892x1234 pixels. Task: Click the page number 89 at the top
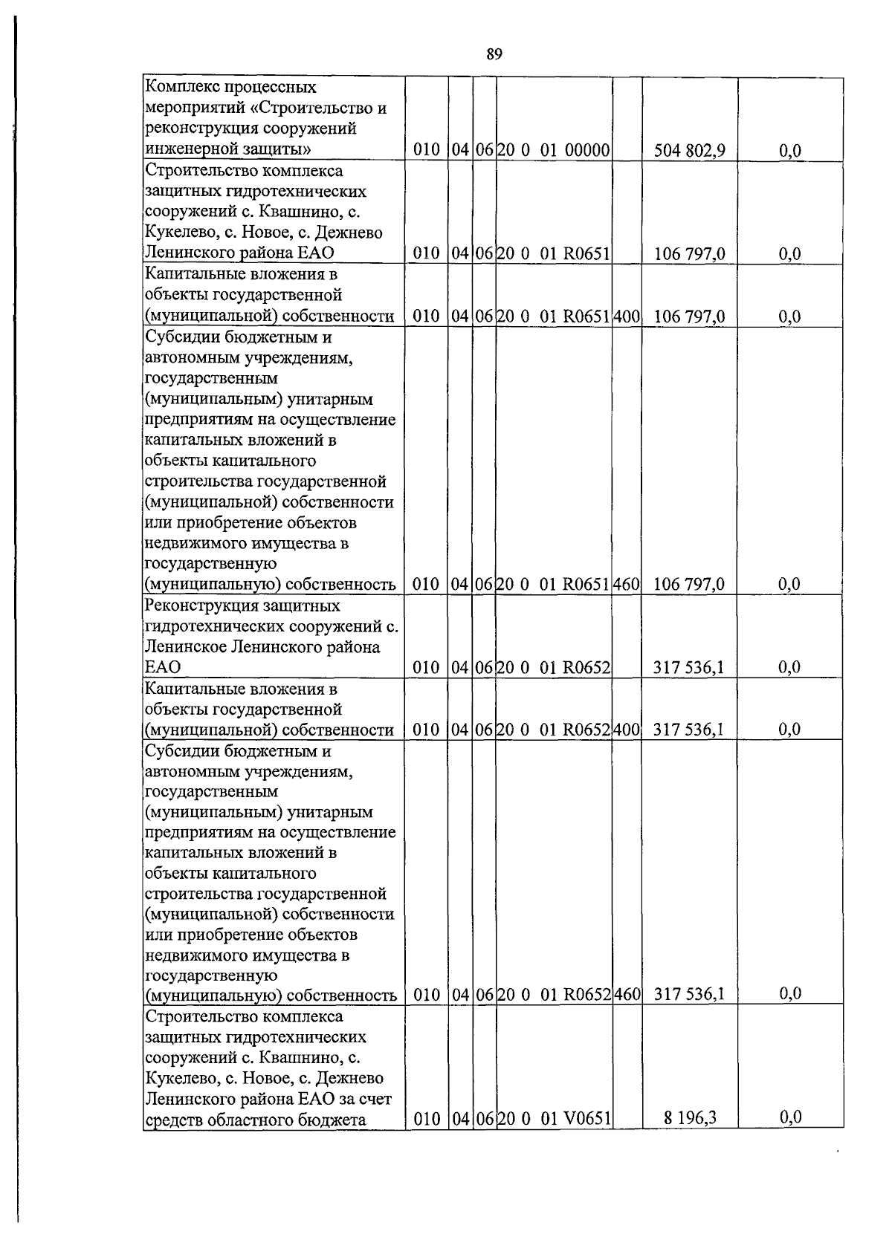click(494, 53)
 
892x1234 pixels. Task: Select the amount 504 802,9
click(689, 151)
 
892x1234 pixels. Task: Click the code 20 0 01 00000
click(553, 151)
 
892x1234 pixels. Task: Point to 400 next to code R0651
click(627, 316)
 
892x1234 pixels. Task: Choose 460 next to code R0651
click(627, 584)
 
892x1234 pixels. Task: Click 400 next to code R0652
click(627, 730)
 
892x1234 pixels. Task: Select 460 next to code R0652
click(627, 994)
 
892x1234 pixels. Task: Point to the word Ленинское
click(183, 646)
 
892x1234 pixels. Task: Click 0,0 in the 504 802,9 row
click(790, 151)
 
